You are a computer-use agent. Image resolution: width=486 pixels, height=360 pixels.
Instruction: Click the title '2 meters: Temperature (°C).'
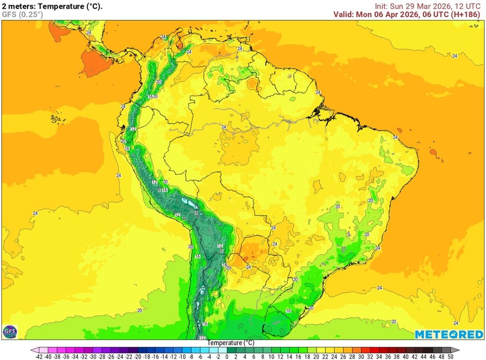point(52,6)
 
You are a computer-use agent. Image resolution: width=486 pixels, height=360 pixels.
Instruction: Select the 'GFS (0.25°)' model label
point(22,14)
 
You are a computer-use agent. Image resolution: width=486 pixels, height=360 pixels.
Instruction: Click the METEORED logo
point(449,334)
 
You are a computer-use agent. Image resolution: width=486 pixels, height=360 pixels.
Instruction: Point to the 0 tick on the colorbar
point(227,356)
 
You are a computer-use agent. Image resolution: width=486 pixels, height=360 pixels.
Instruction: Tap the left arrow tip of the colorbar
point(34,351)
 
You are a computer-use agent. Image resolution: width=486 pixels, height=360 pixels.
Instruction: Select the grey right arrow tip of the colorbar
point(456,351)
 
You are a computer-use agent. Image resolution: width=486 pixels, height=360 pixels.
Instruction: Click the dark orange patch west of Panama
point(95,62)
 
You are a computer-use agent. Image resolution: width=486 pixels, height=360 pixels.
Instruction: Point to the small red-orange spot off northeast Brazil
point(433,153)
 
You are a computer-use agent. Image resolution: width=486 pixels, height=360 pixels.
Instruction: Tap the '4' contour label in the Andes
point(196,213)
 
